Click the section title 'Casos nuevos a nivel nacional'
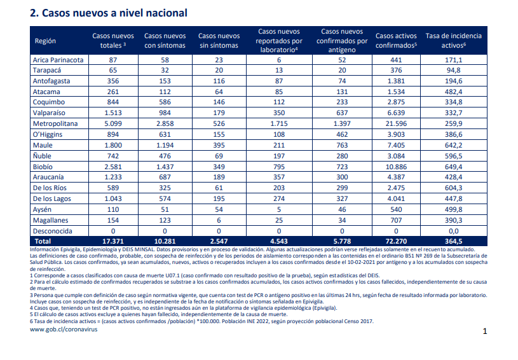[114, 13]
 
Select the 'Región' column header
[45, 41]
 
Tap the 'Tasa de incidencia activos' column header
[453, 41]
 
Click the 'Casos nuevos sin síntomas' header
[219, 41]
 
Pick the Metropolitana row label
[55, 123]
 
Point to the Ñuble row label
[42, 156]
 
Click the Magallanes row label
[51, 220]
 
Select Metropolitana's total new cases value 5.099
[113, 123]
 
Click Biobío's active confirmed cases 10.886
[396, 167]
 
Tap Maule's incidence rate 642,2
[453, 145]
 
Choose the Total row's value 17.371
[113, 241]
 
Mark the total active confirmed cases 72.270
[396, 241]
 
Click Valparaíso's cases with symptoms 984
[165, 113]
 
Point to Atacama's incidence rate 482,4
[453, 92]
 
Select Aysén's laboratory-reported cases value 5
[279, 209]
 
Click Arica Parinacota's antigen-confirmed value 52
[342, 60]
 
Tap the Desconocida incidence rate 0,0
[453, 231]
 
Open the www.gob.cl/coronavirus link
[64, 329]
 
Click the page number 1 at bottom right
[485, 331]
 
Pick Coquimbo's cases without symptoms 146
[219, 102]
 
